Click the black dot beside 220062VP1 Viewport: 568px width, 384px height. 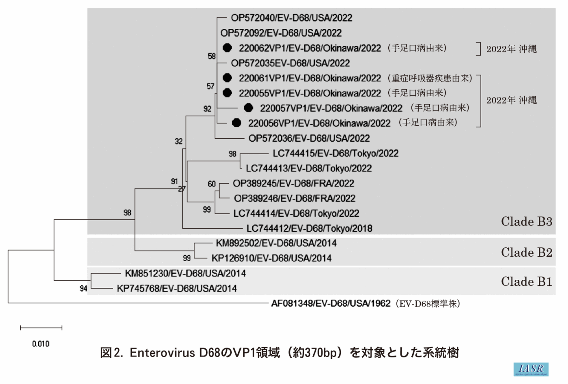227,48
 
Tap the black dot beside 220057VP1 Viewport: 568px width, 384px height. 248,108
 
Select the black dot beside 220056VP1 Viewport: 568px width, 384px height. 237,123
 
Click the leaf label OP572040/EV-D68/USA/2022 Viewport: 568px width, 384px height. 291,18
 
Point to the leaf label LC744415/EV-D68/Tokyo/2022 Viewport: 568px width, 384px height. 336,153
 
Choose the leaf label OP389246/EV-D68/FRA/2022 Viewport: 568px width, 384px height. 295,198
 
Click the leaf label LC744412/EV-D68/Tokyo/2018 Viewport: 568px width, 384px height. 309,228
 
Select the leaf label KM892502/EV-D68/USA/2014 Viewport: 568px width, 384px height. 276,243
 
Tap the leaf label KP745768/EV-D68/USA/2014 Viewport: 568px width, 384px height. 176,288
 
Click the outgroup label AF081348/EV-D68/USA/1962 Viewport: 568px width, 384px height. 331,303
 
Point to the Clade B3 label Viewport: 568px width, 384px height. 526,221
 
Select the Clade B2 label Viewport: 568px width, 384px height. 526,252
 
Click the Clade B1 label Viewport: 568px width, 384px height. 526,281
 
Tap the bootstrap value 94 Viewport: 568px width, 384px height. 84,288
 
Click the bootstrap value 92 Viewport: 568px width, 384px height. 207,109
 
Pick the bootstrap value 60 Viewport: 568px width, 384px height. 212,184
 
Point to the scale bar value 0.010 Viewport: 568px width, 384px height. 41,344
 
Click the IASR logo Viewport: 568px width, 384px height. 531,369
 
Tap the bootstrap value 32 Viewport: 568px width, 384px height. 179,141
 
